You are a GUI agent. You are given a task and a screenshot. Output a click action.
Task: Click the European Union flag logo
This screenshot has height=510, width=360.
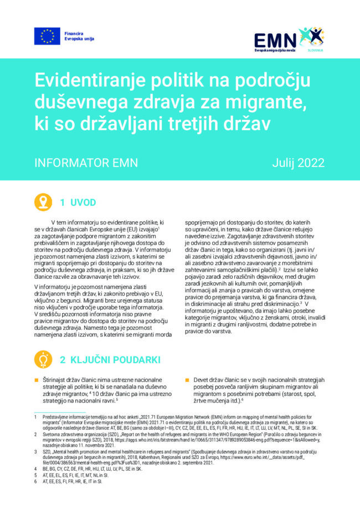click(47, 36)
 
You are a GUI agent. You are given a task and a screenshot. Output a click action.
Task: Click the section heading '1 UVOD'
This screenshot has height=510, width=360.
click(78, 202)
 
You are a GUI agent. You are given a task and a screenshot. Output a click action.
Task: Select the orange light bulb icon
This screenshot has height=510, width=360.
click(43, 359)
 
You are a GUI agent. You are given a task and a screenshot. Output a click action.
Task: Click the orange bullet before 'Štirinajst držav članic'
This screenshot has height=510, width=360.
click(37, 380)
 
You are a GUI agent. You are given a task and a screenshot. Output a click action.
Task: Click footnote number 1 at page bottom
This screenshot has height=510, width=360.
click(34, 416)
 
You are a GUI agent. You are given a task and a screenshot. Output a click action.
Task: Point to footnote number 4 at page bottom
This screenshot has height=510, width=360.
click(34, 468)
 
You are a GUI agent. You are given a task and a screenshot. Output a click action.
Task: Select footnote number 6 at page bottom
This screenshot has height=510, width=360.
click(34, 482)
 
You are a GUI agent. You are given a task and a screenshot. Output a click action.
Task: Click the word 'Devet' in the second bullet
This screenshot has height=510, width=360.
click(203, 380)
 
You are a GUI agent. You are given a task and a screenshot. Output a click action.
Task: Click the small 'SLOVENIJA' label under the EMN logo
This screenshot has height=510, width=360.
click(316, 50)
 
